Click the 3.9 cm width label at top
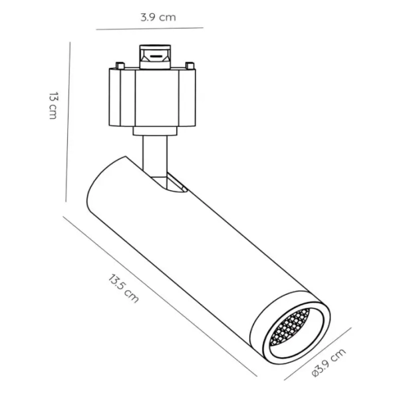pyautogui.click(x=158, y=17)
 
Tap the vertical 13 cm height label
pyautogui.click(x=53, y=106)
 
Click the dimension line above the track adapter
pyautogui.click(x=150, y=29)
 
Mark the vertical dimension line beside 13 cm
pyautogui.click(x=68, y=120)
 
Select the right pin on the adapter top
pyautogui.click(x=190, y=65)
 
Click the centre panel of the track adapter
pyautogui.click(x=154, y=96)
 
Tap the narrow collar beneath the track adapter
pyautogui.click(x=155, y=130)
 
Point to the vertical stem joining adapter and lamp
pyautogui.click(x=154, y=156)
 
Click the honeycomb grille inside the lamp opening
pyautogui.click(x=289, y=329)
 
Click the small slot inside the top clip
pyautogui.click(x=154, y=58)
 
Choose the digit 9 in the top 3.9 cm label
pyautogui.click(x=151, y=17)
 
